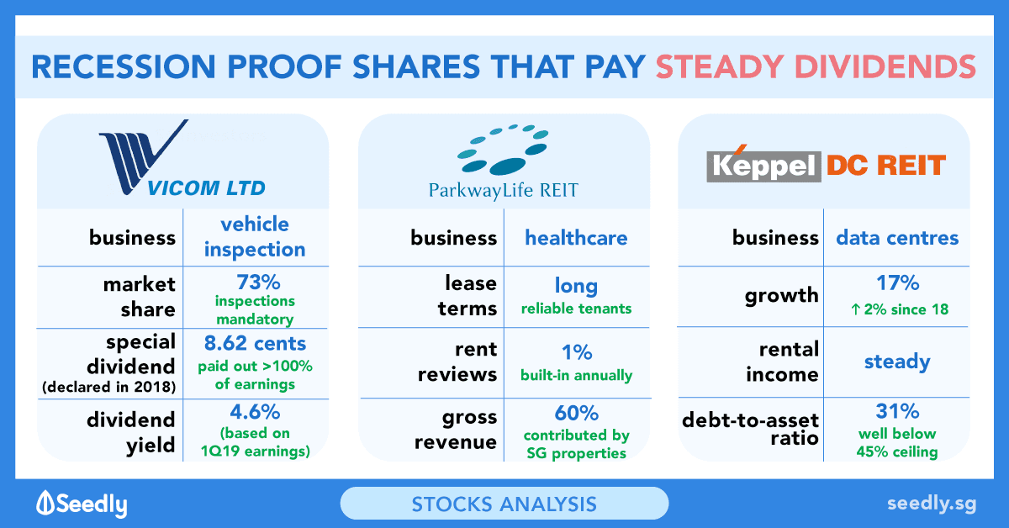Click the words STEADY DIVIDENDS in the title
(816, 66)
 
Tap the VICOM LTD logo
(182, 158)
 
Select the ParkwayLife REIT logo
(503, 162)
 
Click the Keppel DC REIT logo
(826, 164)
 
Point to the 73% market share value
(259, 282)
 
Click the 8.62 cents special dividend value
(255, 343)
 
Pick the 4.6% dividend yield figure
(255, 412)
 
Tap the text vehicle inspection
(255, 236)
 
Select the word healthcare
(576, 237)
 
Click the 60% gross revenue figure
(577, 413)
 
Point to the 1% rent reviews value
(577, 352)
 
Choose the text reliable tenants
(576, 309)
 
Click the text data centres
(897, 237)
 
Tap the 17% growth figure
(897, 283)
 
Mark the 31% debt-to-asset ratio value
(897, 411)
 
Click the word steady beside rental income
(897, 362)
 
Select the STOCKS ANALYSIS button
(504, 504)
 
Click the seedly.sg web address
(932, 504)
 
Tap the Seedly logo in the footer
(82, 504)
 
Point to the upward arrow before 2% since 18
(855, 309)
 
